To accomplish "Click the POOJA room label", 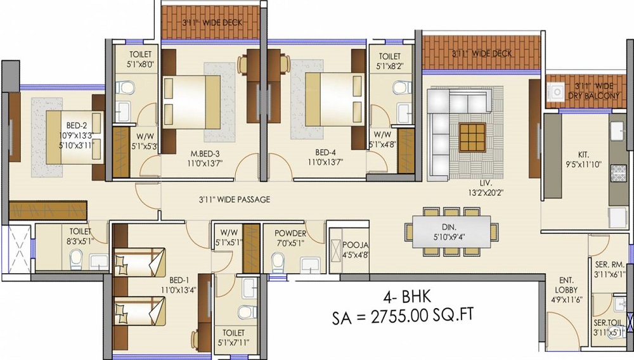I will (x=353, y=244).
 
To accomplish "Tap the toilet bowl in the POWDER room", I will (x=277, y=260).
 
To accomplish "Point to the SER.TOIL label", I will (x=609, y=323).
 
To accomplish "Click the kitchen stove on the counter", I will (x=618, y=172).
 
